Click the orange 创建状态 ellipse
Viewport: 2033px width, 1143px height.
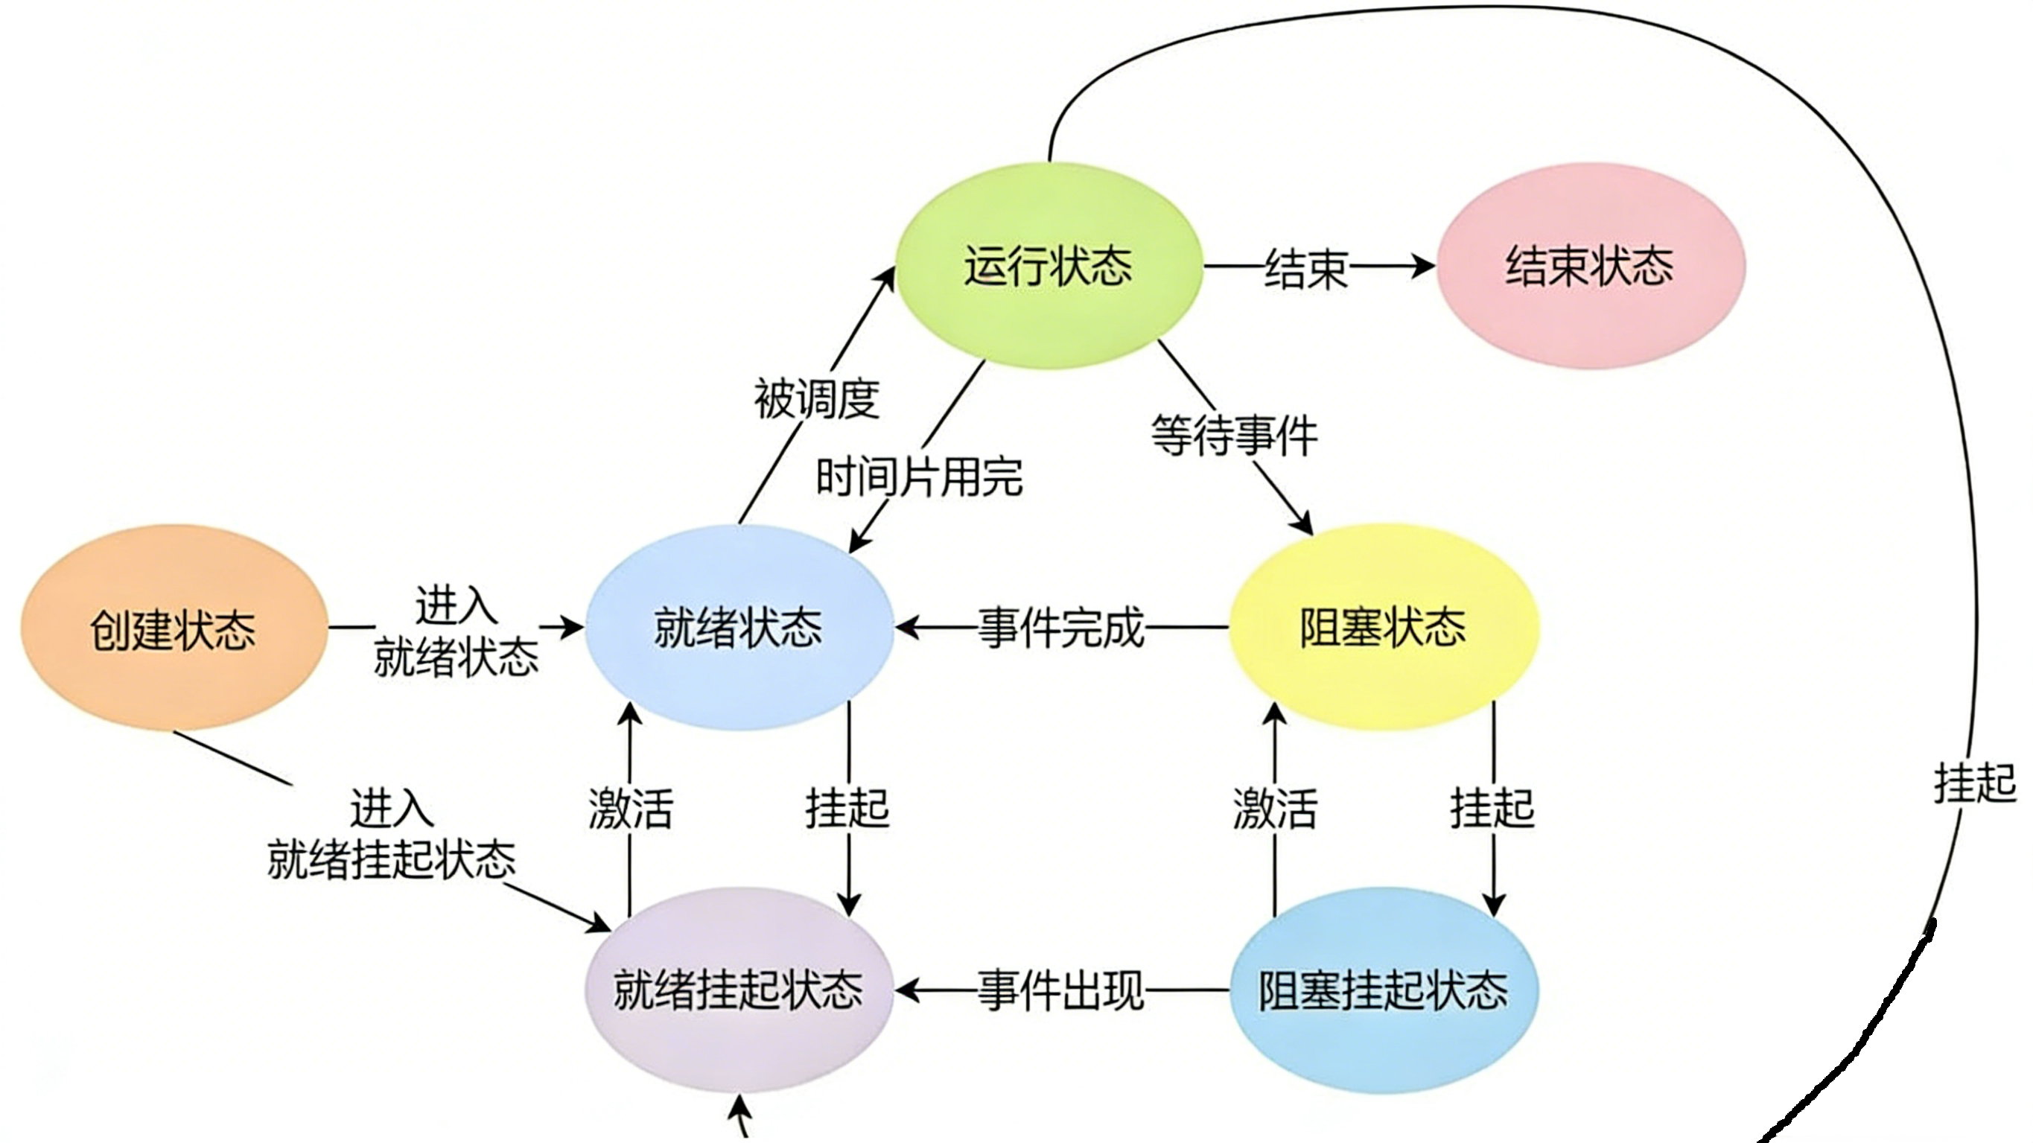[174, 628]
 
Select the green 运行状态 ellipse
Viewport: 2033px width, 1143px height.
[1048, 265]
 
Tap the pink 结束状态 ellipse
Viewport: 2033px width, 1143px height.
[1589, 265]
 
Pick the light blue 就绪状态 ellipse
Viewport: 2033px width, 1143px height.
[739, 628]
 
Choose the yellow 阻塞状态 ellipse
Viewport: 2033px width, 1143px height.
[1383, 627]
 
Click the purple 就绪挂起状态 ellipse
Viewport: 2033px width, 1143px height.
[739, 990]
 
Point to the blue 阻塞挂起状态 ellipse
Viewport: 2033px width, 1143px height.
[1383, 990]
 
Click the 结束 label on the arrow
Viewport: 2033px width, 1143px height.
[1306, 268]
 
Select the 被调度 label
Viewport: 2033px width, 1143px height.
[817, 398]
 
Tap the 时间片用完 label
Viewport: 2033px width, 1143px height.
[920, 477]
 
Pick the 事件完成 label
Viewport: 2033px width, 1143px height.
[1061, 628]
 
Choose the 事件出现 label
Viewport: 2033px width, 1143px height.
[1061, 990]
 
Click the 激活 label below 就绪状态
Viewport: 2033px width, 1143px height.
[631, 809]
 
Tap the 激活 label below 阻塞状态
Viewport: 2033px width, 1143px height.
[1276, 809]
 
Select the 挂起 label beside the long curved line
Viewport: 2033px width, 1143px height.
[1975, 783]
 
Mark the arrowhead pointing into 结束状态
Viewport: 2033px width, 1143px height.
[1425, 265]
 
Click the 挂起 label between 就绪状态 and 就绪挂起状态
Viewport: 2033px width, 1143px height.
[847, 809]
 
